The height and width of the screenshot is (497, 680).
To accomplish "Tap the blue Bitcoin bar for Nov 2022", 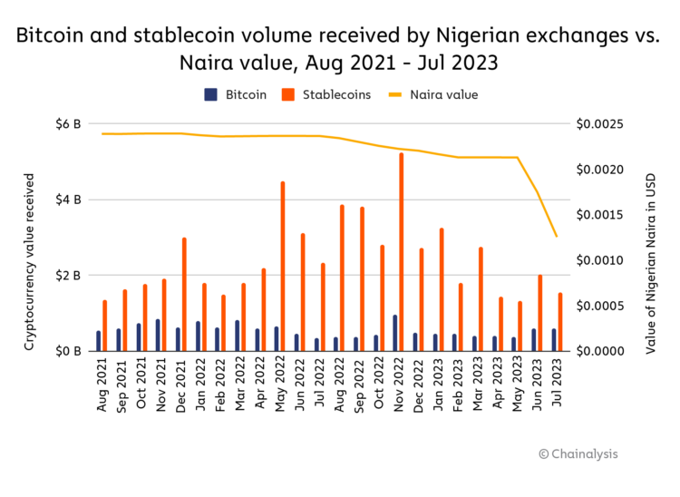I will click(394, 333).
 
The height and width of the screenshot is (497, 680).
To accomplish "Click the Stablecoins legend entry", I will click(327, 94).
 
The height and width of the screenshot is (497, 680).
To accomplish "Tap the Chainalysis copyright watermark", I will click(578, 453).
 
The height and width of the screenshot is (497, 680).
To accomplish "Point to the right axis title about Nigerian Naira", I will click(650, 238).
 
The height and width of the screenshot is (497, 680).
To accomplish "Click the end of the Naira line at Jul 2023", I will click(557, 237).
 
